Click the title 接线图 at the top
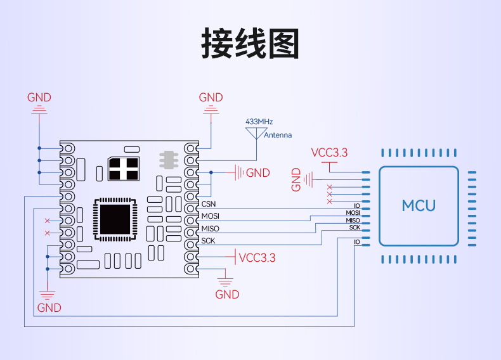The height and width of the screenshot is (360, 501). [x=250, y=43]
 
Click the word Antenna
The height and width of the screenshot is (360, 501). [x=278, y=135]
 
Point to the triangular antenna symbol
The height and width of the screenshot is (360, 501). [x=256, y=132]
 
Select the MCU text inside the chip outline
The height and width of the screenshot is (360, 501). [x=419, y=205]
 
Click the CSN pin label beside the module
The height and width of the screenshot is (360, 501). [x=209, y=204]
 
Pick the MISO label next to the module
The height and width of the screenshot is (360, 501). [x=210, y=229]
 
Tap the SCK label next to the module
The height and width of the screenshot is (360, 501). [x=208, y=241]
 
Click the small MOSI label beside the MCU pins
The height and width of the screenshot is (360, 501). [x=353, y=213]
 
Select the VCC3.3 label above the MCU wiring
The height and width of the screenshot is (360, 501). [x=329, y=153]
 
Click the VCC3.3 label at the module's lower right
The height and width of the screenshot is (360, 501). [x=257, y=258]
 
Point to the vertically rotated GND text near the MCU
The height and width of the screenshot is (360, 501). [x=296, y=179]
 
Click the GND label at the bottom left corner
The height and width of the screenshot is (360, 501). [x=49, y=308]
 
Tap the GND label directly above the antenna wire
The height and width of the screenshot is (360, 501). [x=211, y=98]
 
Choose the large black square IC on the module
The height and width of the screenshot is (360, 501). [x=115, y=219]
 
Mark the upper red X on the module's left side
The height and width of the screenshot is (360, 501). [x=48, y=221]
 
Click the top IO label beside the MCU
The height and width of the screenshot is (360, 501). [x=357, y=205]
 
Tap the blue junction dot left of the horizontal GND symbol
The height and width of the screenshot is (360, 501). [x=211, y=172]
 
